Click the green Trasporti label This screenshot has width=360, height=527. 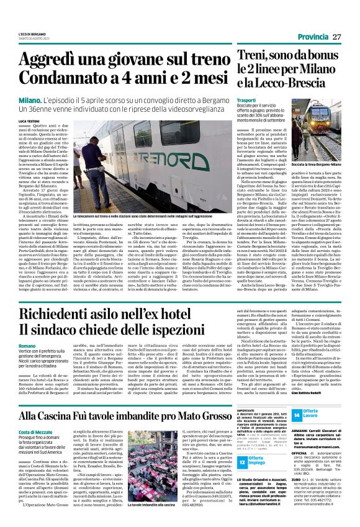pyautogui.click(x=248, y=99)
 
